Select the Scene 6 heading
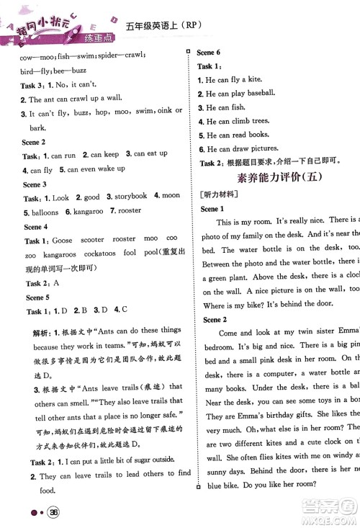click(208, 53)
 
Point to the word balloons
click(42, 212)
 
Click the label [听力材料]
click(217, 194)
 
